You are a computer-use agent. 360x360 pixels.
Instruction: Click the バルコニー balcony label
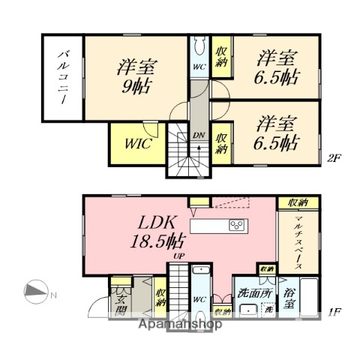[x=64, y=79]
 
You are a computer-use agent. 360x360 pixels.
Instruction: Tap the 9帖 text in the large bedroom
[x=136, y=86]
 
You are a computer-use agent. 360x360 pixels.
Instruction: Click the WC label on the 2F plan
[x=199, y=66]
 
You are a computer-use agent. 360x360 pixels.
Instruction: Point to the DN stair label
[x=199, y=136]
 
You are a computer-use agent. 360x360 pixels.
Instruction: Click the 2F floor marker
[x=334, y=158]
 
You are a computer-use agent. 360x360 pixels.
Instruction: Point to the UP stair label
[x=179, y=257]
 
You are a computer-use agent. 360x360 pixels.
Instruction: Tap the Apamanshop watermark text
[x=180, y=326]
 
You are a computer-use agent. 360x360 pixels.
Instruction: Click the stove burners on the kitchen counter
[x=238, y=224]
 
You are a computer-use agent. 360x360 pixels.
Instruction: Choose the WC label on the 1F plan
[x=199, y=298]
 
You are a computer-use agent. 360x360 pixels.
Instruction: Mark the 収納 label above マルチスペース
[x=298, y=202]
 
